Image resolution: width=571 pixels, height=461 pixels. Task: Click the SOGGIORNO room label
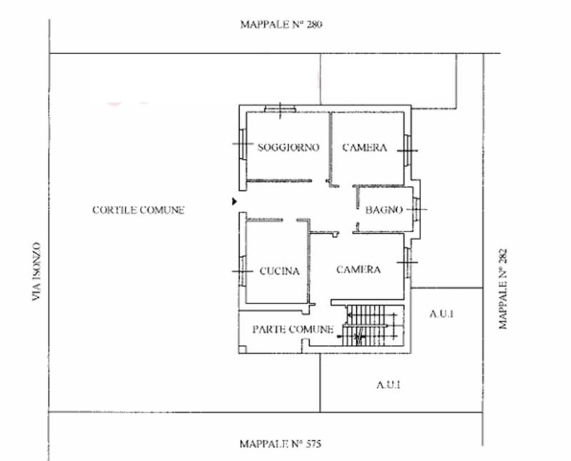(x=288, y=147)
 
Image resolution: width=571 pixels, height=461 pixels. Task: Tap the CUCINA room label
(x=280, y=271)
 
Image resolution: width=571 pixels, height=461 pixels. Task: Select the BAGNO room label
(x=384, y=209)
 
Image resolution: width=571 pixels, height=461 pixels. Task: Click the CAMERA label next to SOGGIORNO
(x=364, y=147)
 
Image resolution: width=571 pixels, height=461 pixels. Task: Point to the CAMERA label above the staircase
(x=358, y=269)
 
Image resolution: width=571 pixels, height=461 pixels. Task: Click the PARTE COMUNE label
(x=293, y=329)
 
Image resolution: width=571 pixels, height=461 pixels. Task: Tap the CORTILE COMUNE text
(x=138, y=209)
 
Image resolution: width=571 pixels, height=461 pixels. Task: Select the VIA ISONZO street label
(x=35, y=271)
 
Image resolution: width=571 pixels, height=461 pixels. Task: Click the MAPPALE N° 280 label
(x=281, y=24)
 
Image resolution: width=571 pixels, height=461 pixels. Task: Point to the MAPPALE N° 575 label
(x=281, y=444)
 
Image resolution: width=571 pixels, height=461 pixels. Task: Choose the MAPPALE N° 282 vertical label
(x=502, y=289)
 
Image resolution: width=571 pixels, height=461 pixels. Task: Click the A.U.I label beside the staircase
(x=441, y=314)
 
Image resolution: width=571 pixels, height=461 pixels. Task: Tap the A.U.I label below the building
(x=388, y=385)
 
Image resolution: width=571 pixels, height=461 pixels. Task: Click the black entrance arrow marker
(x=235, y=201)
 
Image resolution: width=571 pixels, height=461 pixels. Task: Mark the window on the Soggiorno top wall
(x=280, y=108)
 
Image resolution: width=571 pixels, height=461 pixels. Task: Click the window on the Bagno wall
(x=417, y=209)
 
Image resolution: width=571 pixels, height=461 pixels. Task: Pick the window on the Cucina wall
(x=243, y=271)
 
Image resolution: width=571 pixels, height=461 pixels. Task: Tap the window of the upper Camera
(x=408, y=150)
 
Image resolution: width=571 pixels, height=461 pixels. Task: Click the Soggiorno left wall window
(x=243, y=144)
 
